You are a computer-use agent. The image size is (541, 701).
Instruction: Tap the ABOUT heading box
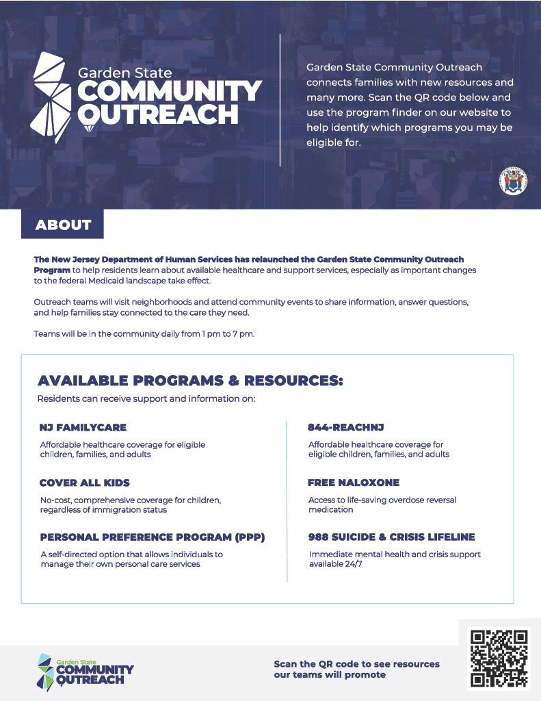pos(63,225)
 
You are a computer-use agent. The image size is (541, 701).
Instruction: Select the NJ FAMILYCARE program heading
pos(83,428)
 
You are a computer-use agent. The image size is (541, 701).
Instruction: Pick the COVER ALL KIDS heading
pos(84,483)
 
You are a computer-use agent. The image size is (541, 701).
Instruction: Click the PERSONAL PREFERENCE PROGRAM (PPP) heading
pos(152,537)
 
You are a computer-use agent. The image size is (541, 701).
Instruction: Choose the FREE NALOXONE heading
pos(354,483)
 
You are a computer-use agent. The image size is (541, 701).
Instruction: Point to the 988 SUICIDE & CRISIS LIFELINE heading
pos(391,537)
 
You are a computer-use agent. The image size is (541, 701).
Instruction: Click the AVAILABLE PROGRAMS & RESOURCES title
pos(190,381)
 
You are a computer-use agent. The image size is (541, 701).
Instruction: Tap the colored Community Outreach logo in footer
pos(85,670)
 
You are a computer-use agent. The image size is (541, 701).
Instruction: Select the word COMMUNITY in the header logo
pos(169,92)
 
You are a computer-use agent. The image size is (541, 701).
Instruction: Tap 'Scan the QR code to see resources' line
pos(356,664)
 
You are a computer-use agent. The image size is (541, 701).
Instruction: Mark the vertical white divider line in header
pos(280,99)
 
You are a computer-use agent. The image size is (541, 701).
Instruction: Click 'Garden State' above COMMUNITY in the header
pos(124,72)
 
